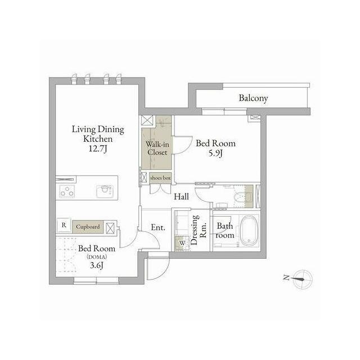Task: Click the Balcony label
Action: tap(253, 98)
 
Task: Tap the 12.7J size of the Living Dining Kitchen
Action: tap(98, 149)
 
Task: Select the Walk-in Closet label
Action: tap(157, 148)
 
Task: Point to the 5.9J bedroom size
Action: tap(215, 153)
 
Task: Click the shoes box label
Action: tap(160, 178)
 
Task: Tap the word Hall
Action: tap(181, 196)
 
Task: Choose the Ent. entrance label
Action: tap(158, 227)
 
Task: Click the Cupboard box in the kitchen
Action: tap(88, 227)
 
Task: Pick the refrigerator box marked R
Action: tap(64, 225)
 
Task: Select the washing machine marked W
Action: tap(182, 243)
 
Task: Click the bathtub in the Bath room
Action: tap(249, 231)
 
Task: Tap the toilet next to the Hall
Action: tap(242, 197)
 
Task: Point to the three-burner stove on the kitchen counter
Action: tap(67, 191)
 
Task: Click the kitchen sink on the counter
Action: tap(105, 191)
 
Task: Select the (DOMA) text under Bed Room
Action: tap(97, 257)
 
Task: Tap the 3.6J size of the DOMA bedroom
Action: tap(96, 265)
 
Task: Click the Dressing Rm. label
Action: tap(199, 229)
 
